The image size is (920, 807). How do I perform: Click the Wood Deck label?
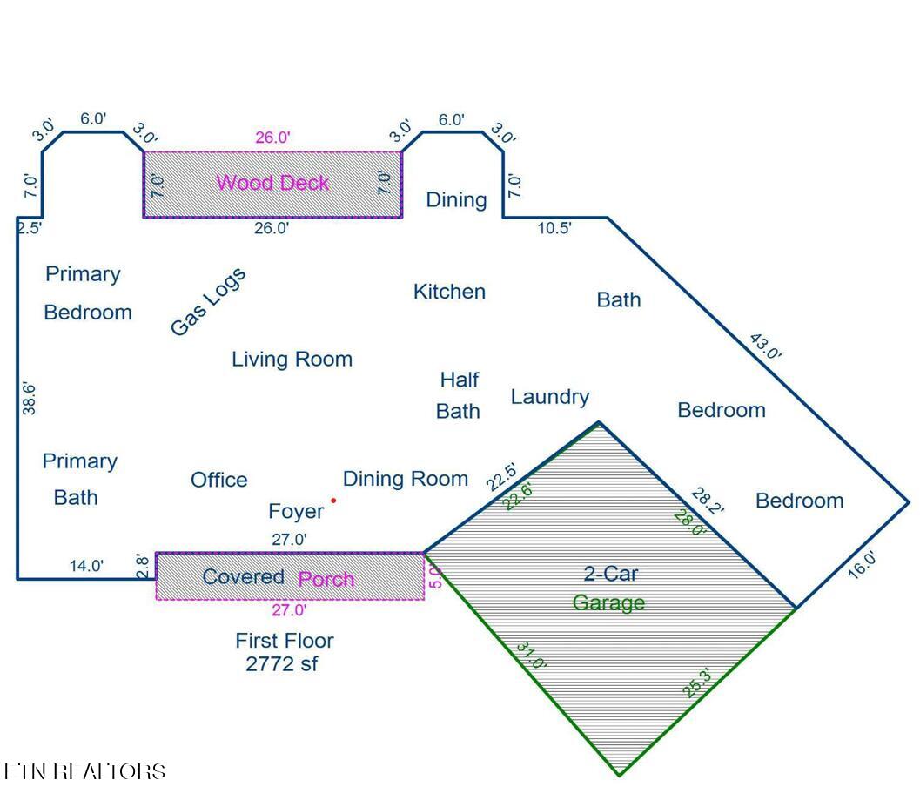click(272, 183)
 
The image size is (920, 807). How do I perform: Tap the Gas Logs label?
click(208, 301)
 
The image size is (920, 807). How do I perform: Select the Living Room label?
click(292, 359)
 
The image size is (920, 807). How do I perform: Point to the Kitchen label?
click(449, 292)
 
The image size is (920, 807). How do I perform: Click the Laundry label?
click(549, 397)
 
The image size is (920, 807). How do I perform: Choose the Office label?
click(218, 480)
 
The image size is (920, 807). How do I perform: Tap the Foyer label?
click(296, 511)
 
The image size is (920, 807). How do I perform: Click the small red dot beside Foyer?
click(333, 501)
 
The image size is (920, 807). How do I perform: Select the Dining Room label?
click(406, 478)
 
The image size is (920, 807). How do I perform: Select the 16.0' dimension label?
click(862, 564)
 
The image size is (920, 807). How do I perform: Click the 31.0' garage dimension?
click(531, 656)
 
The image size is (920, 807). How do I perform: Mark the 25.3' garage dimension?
click(697, 683)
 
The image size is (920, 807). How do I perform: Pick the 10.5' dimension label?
click(554, 228)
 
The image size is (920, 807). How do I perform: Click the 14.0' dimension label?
click(86, 566)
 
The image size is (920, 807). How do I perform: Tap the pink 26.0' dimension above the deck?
click(272, 137)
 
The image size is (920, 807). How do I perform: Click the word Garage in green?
click(608, 602)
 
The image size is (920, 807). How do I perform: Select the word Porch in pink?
click(326, 579)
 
